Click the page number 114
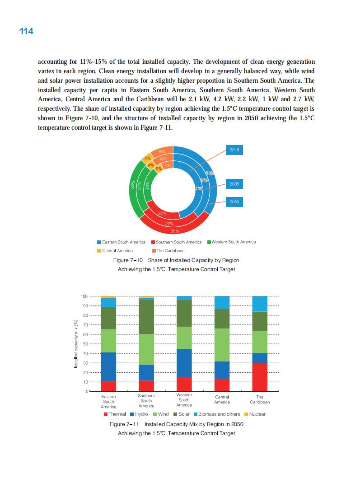pyautogui.click(x=26, y=31)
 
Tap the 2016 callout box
pyautogui.click(x=234, y=150)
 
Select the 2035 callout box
pyautogui.click(x=234, y=184)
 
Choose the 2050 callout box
pyautogui.click(x=234, y=202)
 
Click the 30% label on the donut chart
pyautogui.click(x=174, y=231)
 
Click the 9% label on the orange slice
pyautogui.click(x=161, y=151)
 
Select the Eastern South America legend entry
pyautogui.click(x=121, y=242)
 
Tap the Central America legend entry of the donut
pyautogui.click(x=115, y=250)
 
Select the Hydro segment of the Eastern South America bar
pyautogui.click(x=108, y=366)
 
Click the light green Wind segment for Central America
pyautogui.click(x=222, y=345)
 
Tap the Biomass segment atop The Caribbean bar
pyautogui.click(x=260, y=304)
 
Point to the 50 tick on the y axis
pyautogui.click(x=84, y=344)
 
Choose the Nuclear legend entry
pyautogui.click(x=255, y=414)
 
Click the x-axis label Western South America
pyautogui.click(x=184, y=400)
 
